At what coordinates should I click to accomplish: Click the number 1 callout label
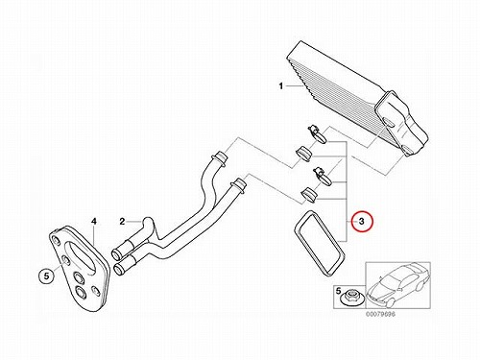(x=281, y=86)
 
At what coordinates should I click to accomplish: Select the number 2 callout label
(x=122, y=222)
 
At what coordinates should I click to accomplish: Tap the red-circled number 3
(x=362, y=221)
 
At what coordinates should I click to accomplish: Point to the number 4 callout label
(x=94, y=221)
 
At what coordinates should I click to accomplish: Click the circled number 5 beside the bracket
(x=47, y=276)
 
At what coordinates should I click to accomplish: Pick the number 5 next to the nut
(x=339, y=291)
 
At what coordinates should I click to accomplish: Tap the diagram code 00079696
(x=380, y=314)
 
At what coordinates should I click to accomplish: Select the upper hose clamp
(x=317, y=133)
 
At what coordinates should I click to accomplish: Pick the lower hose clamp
(x=322, y=176)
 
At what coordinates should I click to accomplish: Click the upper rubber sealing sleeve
(x=304, y=154)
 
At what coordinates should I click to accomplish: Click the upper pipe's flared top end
(x=221, y=156)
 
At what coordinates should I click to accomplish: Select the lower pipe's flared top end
(x=239, y=185)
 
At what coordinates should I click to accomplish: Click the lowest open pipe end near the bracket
(x=118, y=268)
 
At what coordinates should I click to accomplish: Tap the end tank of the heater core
(x=401, y=124)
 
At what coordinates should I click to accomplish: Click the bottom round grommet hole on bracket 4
(x=80, y=292)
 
